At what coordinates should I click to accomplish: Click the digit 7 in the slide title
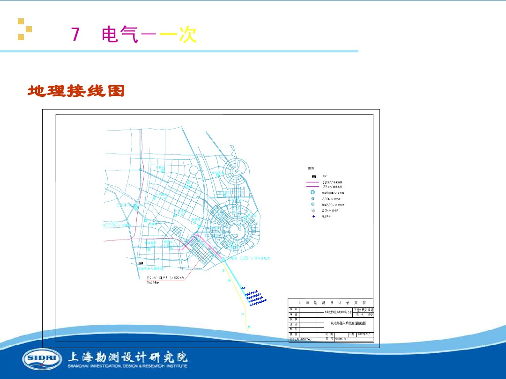click(x=75, y=35)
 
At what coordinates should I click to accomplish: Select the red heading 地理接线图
click(x=76, y=91)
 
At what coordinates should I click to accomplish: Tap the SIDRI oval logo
click(x=42, y=359)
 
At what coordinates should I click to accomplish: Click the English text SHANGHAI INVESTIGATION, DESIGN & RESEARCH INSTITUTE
click(x=127, y=366)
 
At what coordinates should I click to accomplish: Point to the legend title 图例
click(x=311, y=168)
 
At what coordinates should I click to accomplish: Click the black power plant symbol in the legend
click(x=314, y=176)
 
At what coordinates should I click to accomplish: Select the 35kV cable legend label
click(x=332, y=186)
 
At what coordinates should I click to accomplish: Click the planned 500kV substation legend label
click(x=333, y=193)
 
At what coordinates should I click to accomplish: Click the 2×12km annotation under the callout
click(x=153, y=283)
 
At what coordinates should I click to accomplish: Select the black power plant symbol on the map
click(x=140, y=264)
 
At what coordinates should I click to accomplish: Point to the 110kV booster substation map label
click(x=256, y=258)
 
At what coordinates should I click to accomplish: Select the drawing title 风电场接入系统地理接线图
click(x=349, y=323)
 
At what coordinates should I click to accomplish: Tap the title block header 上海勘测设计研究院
click(x=330, y=302)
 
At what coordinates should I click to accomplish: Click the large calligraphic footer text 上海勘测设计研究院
click(x=127, y=357)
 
